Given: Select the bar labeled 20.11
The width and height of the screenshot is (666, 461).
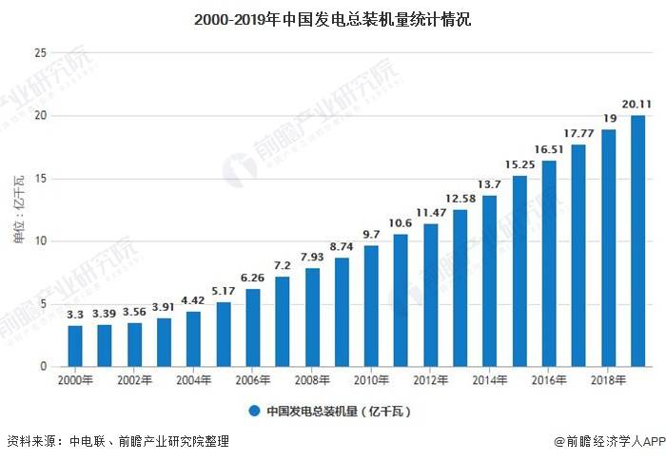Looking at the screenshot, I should coord(637,241).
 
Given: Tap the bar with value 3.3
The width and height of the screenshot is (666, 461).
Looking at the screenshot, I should coord(76,346).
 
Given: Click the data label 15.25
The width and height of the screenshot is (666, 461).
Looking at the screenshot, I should coord(519,164).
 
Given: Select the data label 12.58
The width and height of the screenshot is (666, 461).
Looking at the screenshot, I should coord(460,198).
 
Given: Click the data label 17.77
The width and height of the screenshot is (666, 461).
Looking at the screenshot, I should coord(578,132).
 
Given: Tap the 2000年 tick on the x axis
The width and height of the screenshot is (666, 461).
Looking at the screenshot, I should coord(76,380).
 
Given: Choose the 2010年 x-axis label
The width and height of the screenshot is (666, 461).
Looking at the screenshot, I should coord(371,380).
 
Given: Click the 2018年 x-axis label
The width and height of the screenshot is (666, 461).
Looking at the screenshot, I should coord(607,380).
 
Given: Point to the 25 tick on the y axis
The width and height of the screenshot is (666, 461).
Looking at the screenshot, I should coord(40,53).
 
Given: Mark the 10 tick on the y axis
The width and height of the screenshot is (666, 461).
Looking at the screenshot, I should coord(40,241).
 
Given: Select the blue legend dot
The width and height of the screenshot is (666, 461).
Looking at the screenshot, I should coord(254,412).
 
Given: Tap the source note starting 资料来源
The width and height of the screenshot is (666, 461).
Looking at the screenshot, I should coord(118,442).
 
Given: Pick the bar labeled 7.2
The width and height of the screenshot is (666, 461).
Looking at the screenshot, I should coord(283,321).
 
